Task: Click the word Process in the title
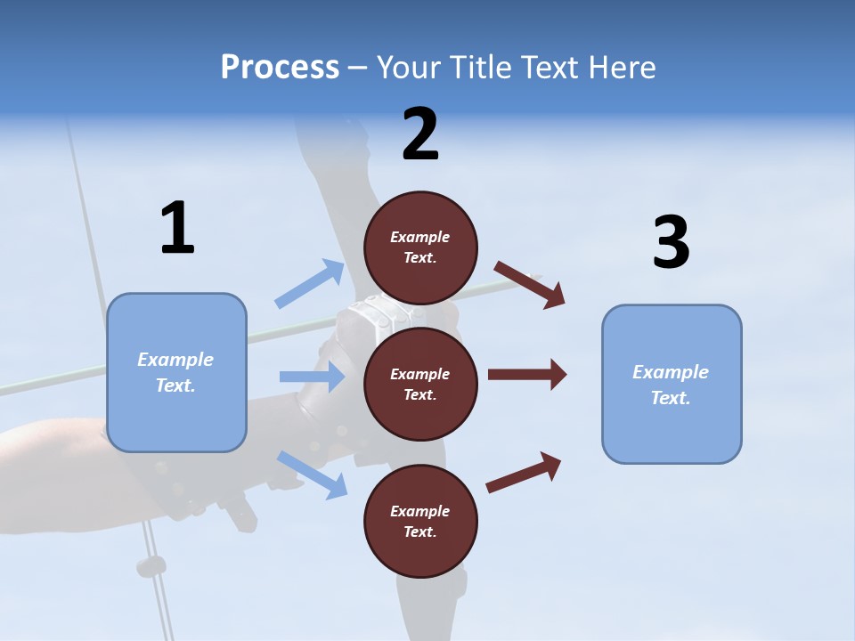(280, 68)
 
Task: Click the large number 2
(420, 134)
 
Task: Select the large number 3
(671, 242)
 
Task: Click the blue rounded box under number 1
(176, 372)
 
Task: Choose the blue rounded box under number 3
(672, 384)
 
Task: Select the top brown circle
(420, 247)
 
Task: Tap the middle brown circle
(420, 384)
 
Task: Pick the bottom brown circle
(420, 521)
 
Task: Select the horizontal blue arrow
(312, 377)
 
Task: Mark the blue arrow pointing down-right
(312, 474)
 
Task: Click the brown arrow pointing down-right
(530, 284)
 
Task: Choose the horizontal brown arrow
(527, 374)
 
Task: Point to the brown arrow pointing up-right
(524, 472)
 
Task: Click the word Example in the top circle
(420, 237)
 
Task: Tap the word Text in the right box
(670, 398)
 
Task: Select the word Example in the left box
(175, 360)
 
